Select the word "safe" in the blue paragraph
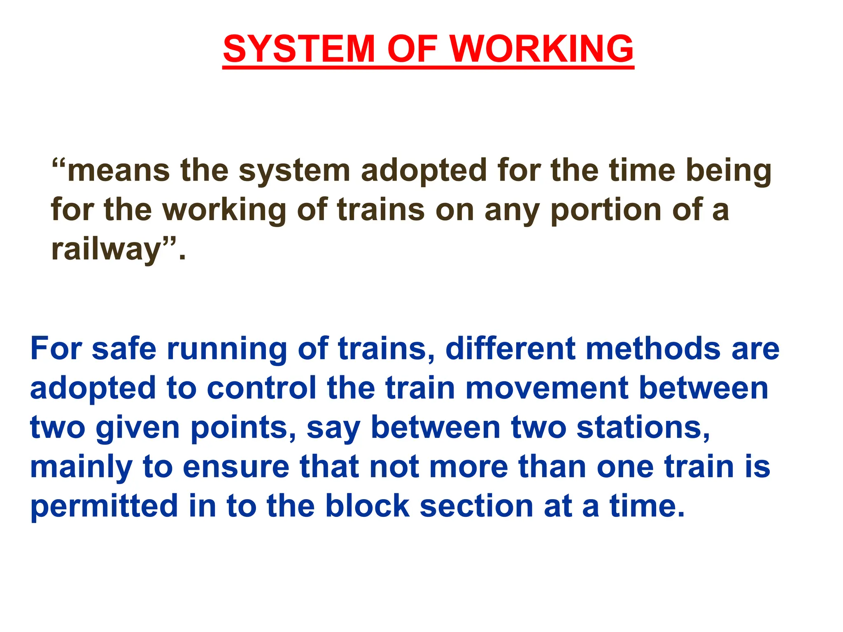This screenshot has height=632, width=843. pyautogui.click(x=124, y=349)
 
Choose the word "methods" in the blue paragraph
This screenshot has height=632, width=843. pyautogui.click(x=653, y=349)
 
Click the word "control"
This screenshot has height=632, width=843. pyautogui.click(x=261, y=388)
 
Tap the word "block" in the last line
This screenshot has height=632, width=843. pyautogui.click(x=367, y=506)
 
